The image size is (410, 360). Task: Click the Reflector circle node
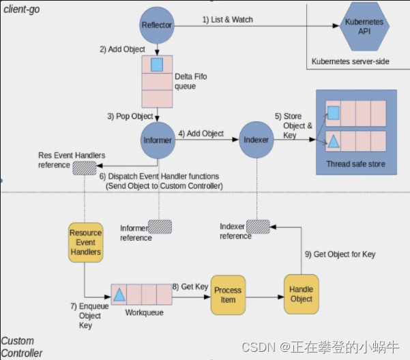[157, 25]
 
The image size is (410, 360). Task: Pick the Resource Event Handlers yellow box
[85, 242]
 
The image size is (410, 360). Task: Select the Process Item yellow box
[227, 295]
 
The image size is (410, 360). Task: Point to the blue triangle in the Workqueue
[119, 295]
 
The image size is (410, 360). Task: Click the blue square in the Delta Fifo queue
[157, 65]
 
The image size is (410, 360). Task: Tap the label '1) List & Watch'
[227, 20]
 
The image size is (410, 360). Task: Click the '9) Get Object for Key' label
[340, 255]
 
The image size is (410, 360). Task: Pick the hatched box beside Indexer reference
[257, 226]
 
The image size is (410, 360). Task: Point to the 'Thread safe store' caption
[356, 164]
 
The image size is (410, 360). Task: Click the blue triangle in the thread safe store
[334, 142]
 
